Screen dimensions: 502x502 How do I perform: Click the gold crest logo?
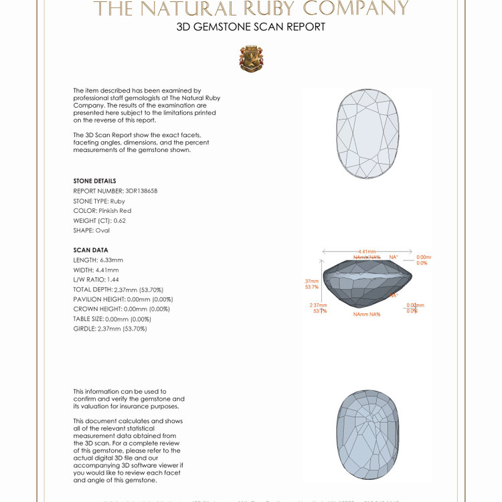click(x=251, y=59)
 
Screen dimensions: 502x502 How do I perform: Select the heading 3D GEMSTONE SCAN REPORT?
click(x=251, y=27)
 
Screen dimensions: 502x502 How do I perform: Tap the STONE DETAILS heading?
click(x=94, y=181)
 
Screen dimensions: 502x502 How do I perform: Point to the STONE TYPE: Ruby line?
click(x=99, y=201)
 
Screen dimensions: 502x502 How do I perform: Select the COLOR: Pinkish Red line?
click(x=102, y=210)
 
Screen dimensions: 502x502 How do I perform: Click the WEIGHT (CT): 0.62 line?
click(x=99, y=220)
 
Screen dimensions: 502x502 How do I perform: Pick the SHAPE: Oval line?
click(x=91, y=230)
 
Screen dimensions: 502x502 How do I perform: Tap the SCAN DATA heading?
click(x=90, y=250)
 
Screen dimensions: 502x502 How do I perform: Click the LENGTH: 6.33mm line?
click(x=98, y=260)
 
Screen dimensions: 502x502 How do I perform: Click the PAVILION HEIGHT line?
click(x=123, y=299)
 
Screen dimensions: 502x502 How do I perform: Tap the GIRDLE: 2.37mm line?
click(x=110, y=329)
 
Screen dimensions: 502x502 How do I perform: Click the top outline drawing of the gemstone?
click(x=367, y=134)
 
